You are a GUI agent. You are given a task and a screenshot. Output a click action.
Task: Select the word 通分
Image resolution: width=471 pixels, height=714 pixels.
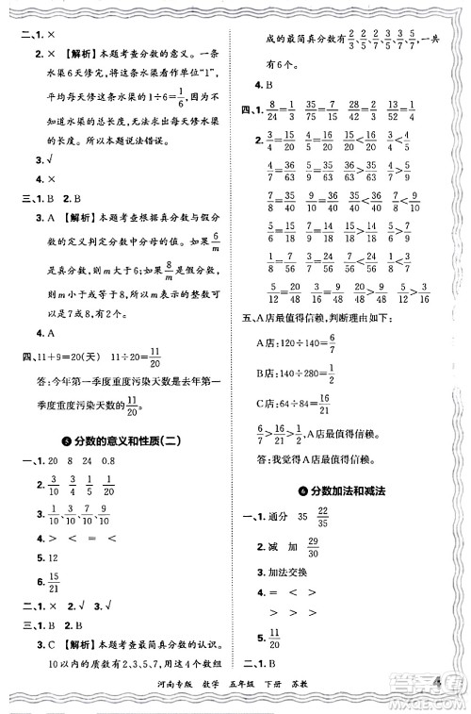pyautogui.click(x=280, y=517)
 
